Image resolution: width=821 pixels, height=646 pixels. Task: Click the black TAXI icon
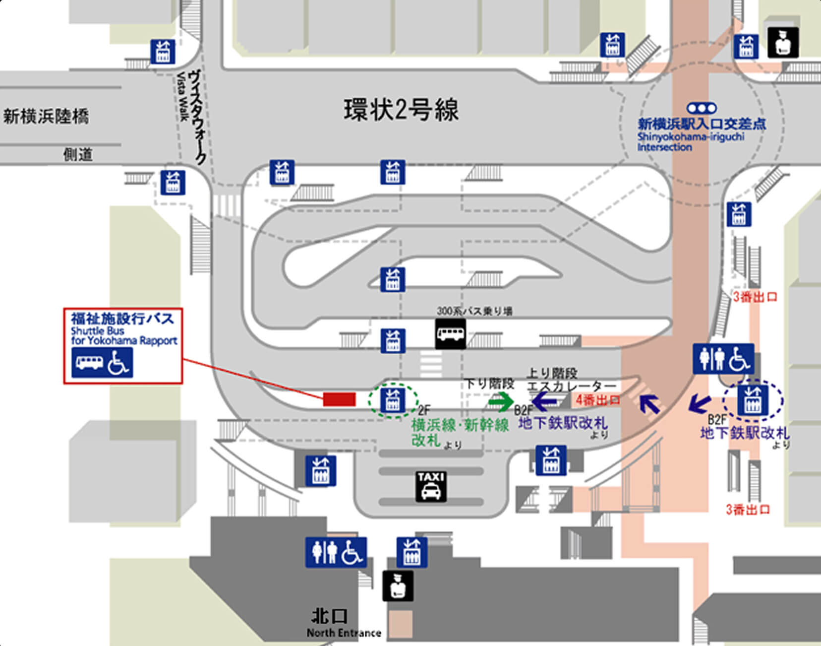click(x=431, y=486)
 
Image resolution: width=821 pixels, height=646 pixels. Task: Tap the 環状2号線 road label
click(x=401, y=110)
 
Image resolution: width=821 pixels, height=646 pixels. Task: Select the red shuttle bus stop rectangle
click(x=339, y=399)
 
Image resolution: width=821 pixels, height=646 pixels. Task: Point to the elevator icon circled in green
click(x=392, y=400)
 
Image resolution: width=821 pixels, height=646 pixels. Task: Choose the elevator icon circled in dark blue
click(x=753, y=400)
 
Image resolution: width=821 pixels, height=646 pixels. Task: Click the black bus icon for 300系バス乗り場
click(x=450, y=334)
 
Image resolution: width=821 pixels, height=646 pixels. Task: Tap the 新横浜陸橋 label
click(x=46, y=117)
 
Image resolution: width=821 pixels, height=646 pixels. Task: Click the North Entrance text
click(x=344, y=633)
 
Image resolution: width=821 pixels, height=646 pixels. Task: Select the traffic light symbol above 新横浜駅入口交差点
click(x=701, y=108)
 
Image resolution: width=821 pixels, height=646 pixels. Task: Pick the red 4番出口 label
click(x=597, y=399)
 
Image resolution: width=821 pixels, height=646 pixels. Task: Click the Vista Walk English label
click(x=182, y=96)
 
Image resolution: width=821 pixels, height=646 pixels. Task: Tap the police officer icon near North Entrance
click(x=398, y=586)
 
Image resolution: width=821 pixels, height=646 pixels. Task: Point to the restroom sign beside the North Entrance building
click(x=336, y=552)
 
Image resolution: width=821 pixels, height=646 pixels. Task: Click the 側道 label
click(x=78, y=155)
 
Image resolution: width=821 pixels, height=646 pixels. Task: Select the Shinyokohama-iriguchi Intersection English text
click(x=690, y=142)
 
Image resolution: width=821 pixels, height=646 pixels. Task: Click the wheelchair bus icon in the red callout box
click(x=102, y=362)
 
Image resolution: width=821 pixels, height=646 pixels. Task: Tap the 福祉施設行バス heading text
click(x=122, y=319)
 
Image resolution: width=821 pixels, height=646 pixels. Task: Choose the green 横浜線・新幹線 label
click(x=460, y=425)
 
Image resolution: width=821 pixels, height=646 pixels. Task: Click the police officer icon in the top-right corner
click(x=783, y=43)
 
